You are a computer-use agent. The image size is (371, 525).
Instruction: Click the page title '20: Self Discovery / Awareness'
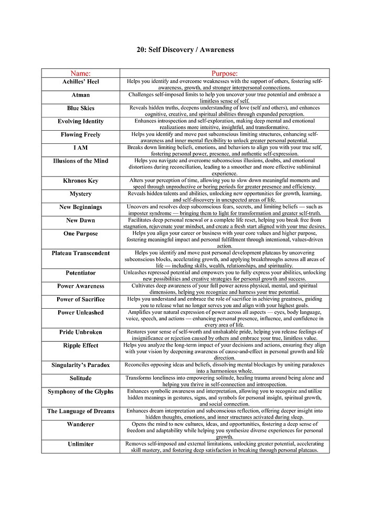185,50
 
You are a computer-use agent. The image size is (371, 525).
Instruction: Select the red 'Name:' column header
80,73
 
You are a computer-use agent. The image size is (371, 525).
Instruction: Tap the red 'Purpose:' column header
225,73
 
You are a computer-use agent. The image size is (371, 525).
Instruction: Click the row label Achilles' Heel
80,82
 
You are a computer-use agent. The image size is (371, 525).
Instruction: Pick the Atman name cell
80,95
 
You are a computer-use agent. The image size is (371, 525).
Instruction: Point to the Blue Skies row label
80,108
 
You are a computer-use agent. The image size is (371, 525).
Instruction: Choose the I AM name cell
80,148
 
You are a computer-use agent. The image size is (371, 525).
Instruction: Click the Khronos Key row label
80,181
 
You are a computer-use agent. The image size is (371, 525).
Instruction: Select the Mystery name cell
80,194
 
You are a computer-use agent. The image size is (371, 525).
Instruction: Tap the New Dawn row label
80,220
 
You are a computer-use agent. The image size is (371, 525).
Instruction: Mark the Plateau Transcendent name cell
80,253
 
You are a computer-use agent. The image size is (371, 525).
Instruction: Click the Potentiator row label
80,273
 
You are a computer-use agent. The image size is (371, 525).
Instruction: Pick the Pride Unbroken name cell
80,332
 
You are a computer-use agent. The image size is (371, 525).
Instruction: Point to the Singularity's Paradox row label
80,365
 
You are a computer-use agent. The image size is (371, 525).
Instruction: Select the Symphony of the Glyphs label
80,392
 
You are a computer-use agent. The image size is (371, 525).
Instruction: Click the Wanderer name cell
80,424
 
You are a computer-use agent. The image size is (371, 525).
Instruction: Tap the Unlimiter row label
80,444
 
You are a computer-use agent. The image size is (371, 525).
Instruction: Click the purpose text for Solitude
225,381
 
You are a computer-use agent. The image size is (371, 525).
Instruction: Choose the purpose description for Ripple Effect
225,352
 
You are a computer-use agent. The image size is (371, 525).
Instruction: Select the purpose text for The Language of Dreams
225,414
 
